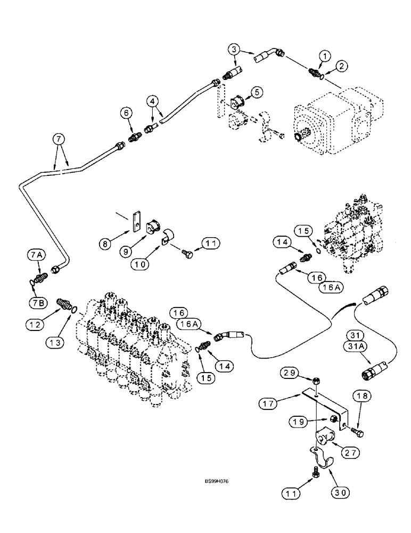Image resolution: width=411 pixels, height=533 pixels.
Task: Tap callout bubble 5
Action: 273,92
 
